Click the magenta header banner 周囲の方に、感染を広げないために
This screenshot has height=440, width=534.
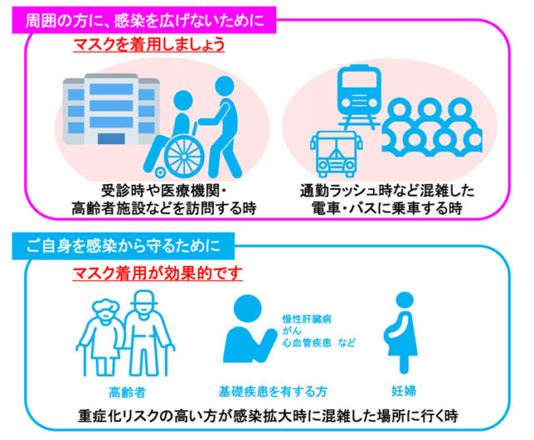point(144,20)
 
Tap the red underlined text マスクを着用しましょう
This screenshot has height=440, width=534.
point(149,44)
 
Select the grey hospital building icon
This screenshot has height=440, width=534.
point(111,109)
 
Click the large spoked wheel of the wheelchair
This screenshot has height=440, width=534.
point(184,157)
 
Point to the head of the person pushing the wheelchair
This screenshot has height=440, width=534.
point(224,86)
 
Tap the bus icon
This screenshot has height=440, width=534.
point(335,154)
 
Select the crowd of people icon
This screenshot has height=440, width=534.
point(432,127)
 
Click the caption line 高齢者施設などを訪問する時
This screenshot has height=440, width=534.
point(164,208)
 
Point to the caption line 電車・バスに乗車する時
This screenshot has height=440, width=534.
point(387,208)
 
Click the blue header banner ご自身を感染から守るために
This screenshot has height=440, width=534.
point(123,246)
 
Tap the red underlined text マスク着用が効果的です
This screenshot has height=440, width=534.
point(158,273)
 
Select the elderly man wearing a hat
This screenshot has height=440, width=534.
point(147,333)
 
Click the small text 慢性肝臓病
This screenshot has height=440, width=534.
point(307,319)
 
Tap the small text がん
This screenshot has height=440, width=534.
point(292,331)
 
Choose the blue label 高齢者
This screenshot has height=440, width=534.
point(127,392)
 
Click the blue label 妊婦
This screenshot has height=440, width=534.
point(404,391)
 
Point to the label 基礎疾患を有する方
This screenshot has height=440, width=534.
point(273,392)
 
